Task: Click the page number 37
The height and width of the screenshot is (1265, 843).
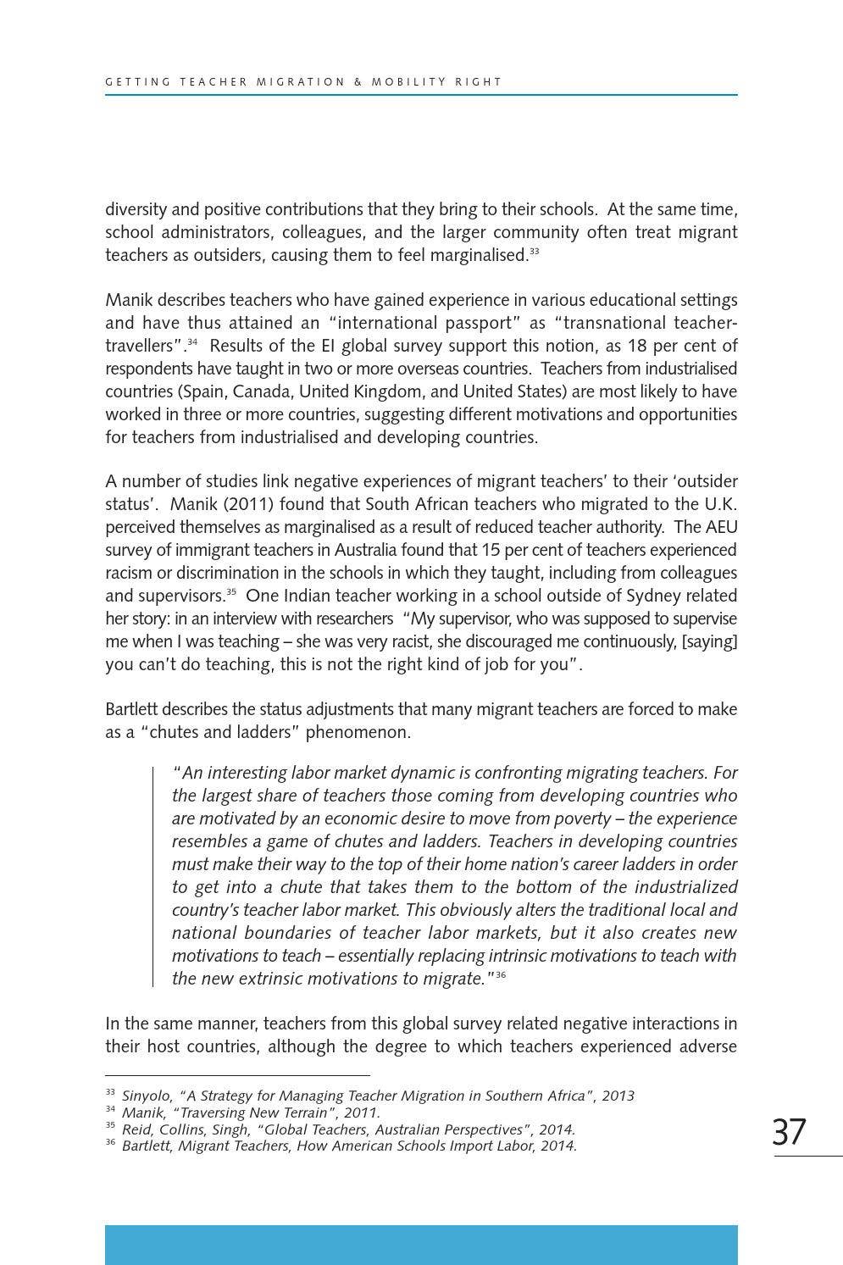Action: [x=789, y=1132]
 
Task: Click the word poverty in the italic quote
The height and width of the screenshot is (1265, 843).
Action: [x=580, y=818]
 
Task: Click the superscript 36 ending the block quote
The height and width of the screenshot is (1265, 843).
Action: [x=501, y=975]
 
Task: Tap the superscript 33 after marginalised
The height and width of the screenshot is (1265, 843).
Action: [x=534, y=252]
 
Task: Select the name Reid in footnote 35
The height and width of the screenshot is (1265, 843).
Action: [x=136, y=1129]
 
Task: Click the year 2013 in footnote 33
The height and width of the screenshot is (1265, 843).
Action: [x=618, y=1096]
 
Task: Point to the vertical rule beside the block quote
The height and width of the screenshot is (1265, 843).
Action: [x=153, y=876]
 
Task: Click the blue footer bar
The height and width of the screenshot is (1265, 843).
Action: [x=421, y=1245]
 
